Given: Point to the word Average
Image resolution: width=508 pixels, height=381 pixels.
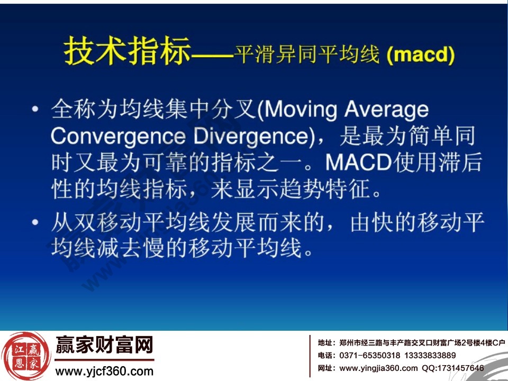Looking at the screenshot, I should [387, 110].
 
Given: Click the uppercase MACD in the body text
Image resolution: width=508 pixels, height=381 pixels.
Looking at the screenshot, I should [358, 163].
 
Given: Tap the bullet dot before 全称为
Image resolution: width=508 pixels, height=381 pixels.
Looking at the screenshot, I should [35, 110].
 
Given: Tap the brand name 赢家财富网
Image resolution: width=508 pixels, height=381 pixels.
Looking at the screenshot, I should [104, 346].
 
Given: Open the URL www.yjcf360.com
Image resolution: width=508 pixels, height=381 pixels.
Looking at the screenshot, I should [104, 371].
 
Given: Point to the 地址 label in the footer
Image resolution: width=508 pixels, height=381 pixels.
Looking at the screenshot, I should [325, 342].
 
